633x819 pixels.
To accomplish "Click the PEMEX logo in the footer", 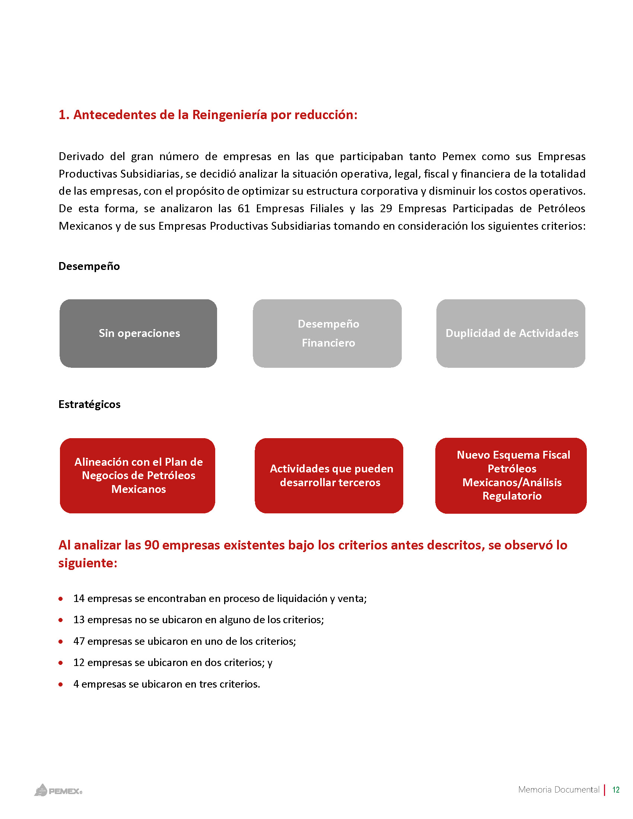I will click(x=58, y=790).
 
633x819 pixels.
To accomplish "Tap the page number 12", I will click(x=615, y=790).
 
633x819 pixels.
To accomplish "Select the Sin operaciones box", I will click(x=139, y=334).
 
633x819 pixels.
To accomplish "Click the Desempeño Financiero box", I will click(x=327, y=334).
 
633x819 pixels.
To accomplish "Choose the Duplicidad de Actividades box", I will click(x=511, y=334).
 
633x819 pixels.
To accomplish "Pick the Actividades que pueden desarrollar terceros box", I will click(x=329, y=475).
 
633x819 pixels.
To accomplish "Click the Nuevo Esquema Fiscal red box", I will click(x=511, y=475).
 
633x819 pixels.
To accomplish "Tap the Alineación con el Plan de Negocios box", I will click(x=138, y=475).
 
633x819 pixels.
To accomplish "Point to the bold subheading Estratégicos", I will click(x=90, y=404).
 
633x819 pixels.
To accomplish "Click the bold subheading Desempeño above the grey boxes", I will click(x=89, y=266).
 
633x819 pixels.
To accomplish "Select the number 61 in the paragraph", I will click(x=244, y=208).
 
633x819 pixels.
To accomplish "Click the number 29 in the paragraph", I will click(x=386, y=208).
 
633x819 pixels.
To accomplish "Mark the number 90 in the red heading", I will click(x=152, y=545).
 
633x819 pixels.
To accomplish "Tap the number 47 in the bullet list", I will click(x=79, y=641).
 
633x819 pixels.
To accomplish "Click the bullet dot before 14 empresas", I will click(x=61, y=599).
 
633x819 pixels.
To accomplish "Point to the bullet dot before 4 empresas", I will click(x=61, y=684).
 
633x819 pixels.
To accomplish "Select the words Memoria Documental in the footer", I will click(x=559, y=790).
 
